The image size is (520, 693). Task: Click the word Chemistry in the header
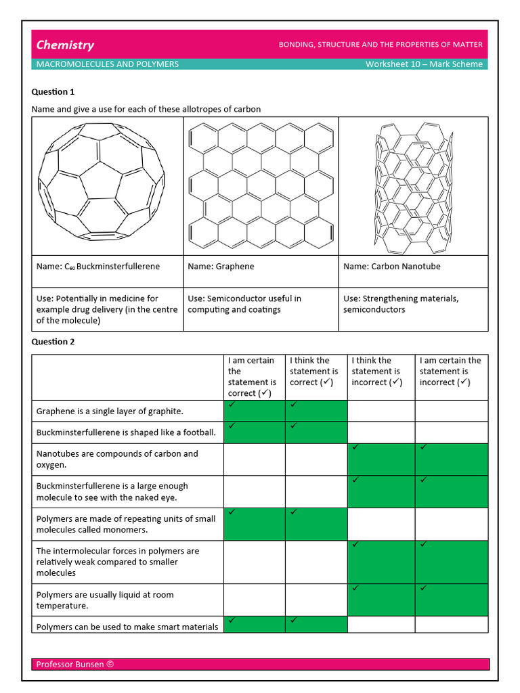coord(65,45)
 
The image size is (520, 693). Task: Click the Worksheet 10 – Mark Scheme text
coord(424,64)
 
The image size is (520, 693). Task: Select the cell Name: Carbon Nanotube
coord(391,267)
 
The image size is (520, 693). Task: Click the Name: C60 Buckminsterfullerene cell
coord(98,267)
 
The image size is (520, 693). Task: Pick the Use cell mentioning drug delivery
coord(107,309)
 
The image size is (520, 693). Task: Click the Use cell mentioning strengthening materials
coord(401,304)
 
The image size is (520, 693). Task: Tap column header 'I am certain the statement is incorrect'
coord(450,372)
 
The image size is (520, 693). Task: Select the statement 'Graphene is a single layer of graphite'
coord(110,411)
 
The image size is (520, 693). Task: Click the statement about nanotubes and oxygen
coord(117,460)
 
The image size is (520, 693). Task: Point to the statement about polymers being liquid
coord(105,600)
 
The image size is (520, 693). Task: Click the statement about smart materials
coord(127,627)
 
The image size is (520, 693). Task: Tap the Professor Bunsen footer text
coord(74,665)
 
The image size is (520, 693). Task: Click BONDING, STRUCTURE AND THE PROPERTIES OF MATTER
coord(381,45)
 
